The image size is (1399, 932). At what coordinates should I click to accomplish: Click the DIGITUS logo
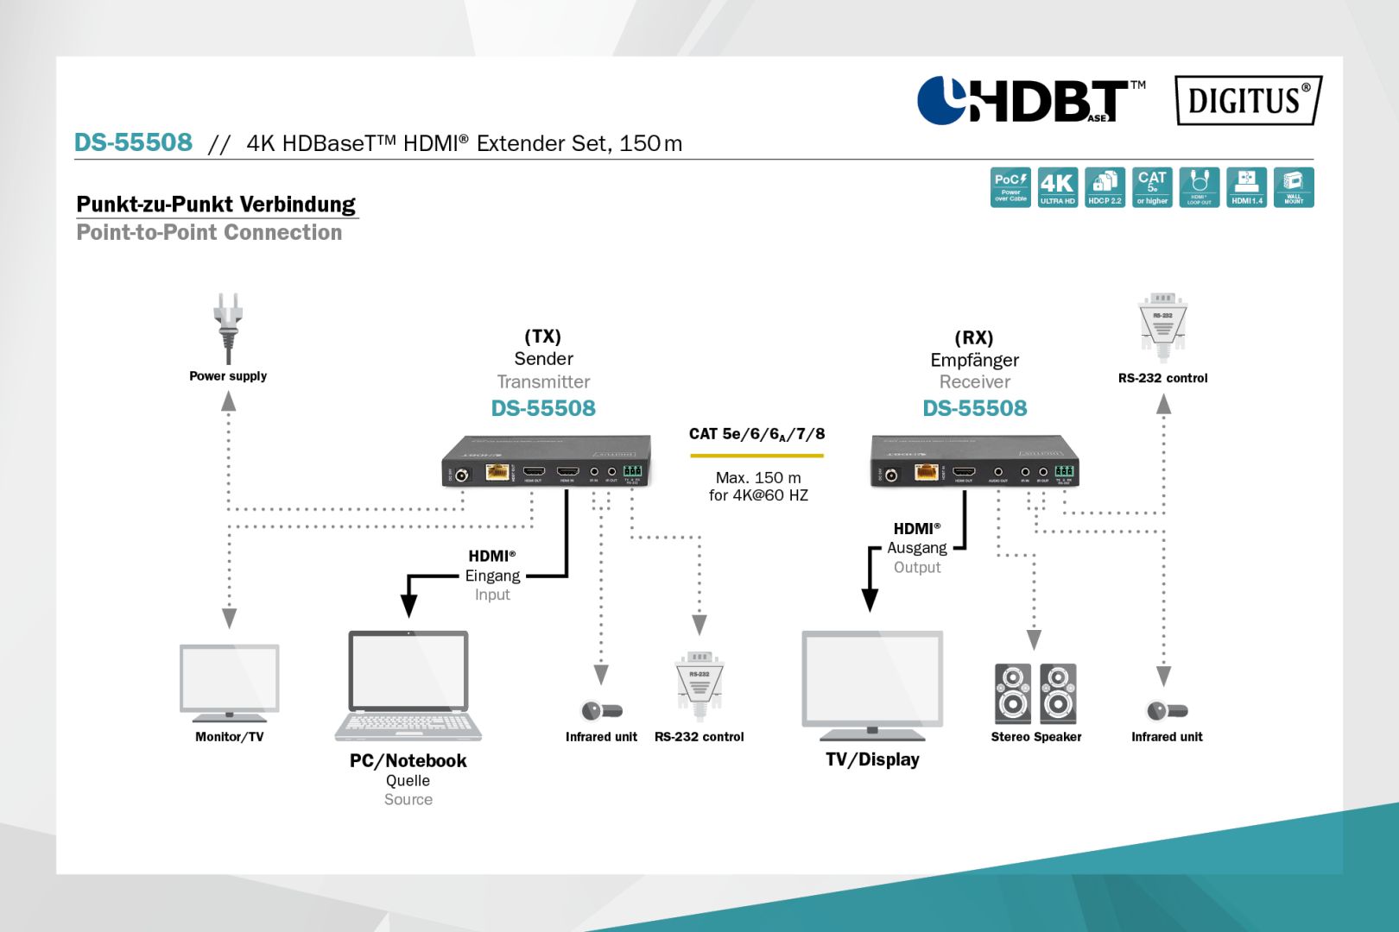click(x=1248, y=100)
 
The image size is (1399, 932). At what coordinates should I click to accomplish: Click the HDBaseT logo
click(x=1029, y=100)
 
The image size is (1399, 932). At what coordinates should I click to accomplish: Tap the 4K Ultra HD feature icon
click(x=1057, y=187)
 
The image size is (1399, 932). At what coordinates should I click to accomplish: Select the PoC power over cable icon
click(x=1010, y=187)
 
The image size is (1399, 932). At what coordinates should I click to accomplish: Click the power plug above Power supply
click(x=228, y=326)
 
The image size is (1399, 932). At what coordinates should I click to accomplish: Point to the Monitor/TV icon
click(x=229, y=682)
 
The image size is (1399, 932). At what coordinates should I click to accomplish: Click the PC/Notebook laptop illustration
click(x=408, y=686)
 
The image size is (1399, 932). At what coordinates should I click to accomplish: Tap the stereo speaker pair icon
click(x=1035, y=694)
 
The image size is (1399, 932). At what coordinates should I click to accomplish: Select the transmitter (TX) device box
click(x=546, y=462)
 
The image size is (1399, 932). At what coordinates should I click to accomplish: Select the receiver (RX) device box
click(x=975, y=462)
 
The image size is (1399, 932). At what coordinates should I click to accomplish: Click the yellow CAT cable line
click(x=756, y=456)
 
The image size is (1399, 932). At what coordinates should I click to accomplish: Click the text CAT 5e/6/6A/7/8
click(x=756, y=434)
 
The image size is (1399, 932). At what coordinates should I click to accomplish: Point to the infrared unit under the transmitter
click(x=601, y=711)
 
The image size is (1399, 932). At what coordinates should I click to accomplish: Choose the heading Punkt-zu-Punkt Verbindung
click(x=216, y=205)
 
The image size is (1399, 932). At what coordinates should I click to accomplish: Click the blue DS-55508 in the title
click(x=133, y=142)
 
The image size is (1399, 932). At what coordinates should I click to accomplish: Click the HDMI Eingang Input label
click(x=492, y=575)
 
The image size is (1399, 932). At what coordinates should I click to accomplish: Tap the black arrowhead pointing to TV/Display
click(x=870, y=601)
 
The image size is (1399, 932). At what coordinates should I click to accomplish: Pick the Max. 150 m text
click(x=758, y=477)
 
